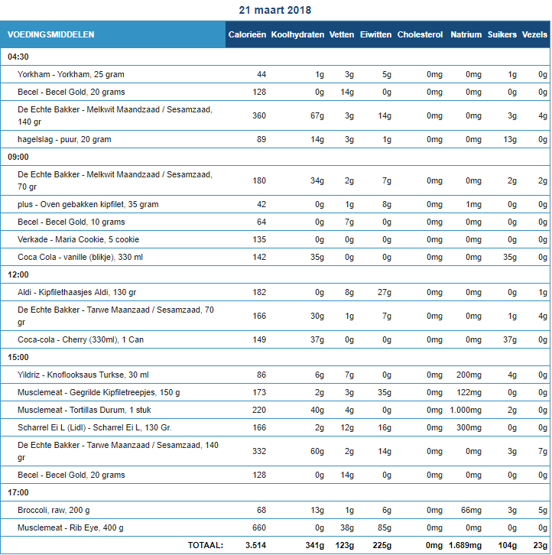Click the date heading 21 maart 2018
[x=275, y=11]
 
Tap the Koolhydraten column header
[x=297, y=34]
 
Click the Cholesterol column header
[x=420, y=34]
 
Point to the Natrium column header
[x=466, y=34]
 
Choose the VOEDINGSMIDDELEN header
[x=51, y=34]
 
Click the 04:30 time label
[x=18, y=57]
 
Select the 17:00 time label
[x=18, y=492]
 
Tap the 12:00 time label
[x=18, y=274]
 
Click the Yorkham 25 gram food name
[x=71, y=74]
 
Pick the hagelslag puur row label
[x=64, y=139]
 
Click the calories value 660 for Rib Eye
[x=258, y=527]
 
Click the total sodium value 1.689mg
[x=464, y=545]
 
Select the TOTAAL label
[x=206, y=545]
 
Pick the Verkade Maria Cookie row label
[x=79, y=239]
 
